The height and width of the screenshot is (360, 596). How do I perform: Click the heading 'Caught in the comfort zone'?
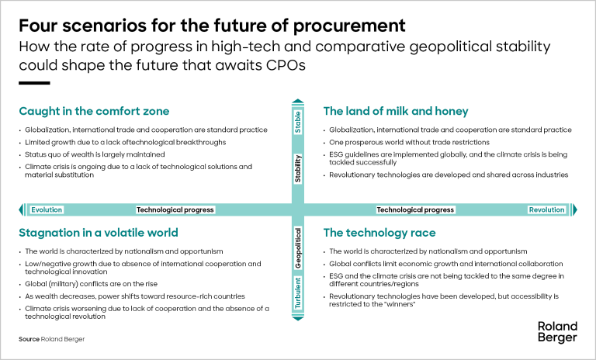[x=94, y=111]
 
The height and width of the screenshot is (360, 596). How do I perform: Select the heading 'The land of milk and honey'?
[x=396, y=111]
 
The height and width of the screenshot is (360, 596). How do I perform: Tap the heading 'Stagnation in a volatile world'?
[x=99, y=233]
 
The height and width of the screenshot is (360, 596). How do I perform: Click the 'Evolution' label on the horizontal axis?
[x=47, y=209]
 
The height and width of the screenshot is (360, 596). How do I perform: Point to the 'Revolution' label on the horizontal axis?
[x=546, y=209]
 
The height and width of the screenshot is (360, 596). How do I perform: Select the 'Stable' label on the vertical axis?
[x=298, y=123]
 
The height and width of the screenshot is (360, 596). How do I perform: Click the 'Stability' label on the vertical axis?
[x=298, y=169]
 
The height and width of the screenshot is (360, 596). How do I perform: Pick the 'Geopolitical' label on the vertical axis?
[x=298, y=250]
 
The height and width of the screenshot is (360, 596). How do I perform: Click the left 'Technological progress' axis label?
[x=175, y=209]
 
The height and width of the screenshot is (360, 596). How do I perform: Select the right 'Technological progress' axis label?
[x=415, y=209]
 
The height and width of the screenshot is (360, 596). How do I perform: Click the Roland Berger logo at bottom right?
[x=557, y=332]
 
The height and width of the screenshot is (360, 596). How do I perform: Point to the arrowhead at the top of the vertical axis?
[x=298, y=100]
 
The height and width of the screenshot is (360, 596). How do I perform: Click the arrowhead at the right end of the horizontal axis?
[x=574, y=209]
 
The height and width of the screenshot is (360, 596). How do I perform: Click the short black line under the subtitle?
[x=34, y=83]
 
